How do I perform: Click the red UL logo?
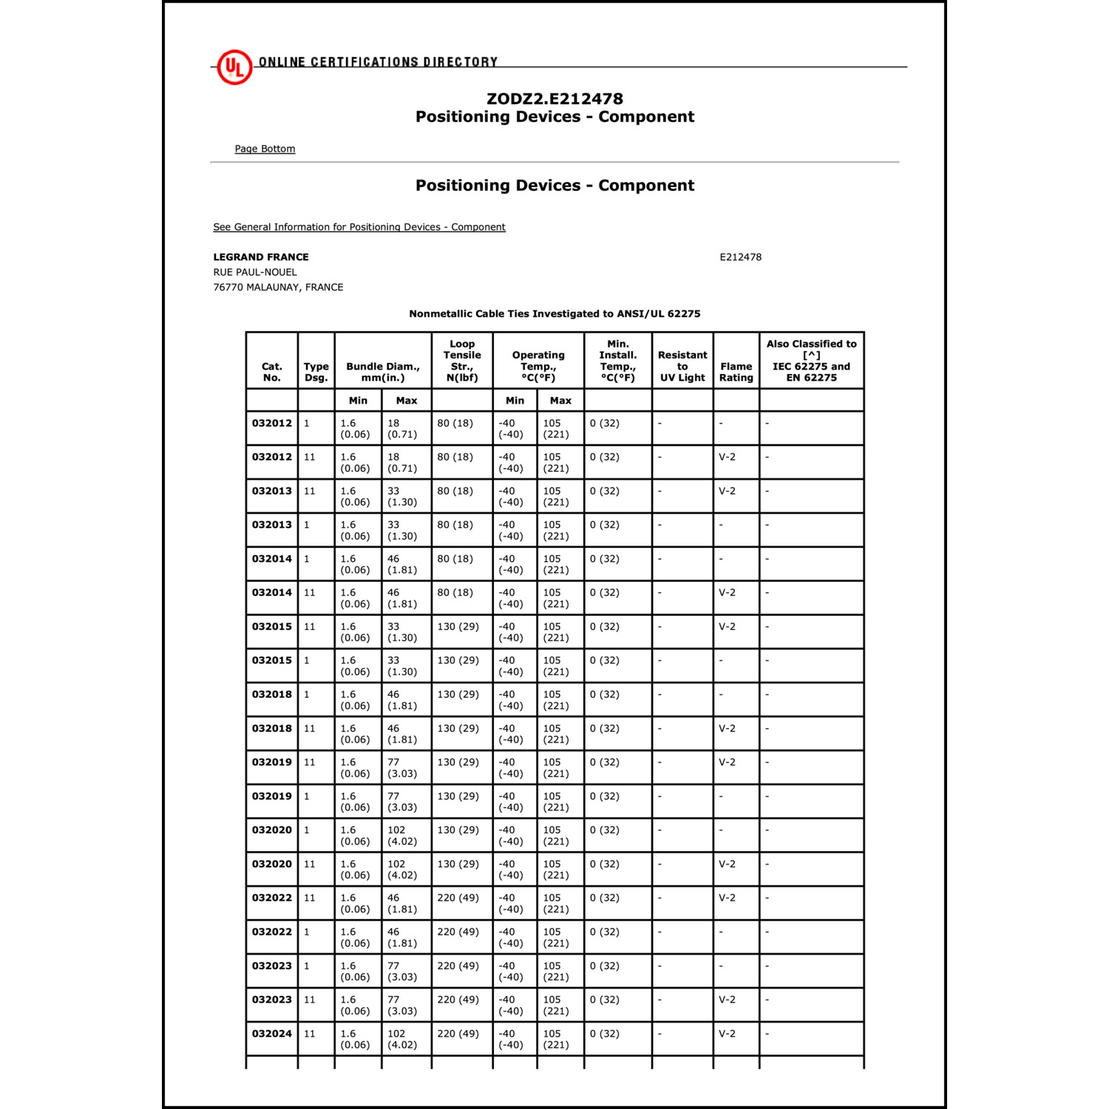tap(234, 67)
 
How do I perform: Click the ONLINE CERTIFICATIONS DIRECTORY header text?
tap(378, 62)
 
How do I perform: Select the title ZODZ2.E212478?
tap(554, 99)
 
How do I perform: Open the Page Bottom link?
tap(265, 149)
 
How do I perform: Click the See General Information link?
tap(359, 227)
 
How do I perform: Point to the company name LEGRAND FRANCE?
tap(261, 257)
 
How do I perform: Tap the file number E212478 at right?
tap(740, 257)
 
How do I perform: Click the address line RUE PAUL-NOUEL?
tap(255, 272)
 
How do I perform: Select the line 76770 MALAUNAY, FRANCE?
tap(278, 287)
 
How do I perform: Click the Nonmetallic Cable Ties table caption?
tap(554, 313)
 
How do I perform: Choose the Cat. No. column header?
tap(272, 372)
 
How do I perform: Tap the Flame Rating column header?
tap(736, 372)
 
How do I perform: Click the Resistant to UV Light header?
tap(682, 366)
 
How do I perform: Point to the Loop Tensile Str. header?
tap(462, 361)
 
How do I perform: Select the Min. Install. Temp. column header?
tap(618, 361)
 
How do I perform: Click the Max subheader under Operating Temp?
tap(560, 401)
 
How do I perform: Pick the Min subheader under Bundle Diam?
tap(358, 401)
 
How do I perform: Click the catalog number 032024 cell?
tap(272, 1034)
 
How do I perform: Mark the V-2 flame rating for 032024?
tap(728, 1034)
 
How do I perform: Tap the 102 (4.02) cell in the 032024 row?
tap(402, 1039)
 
